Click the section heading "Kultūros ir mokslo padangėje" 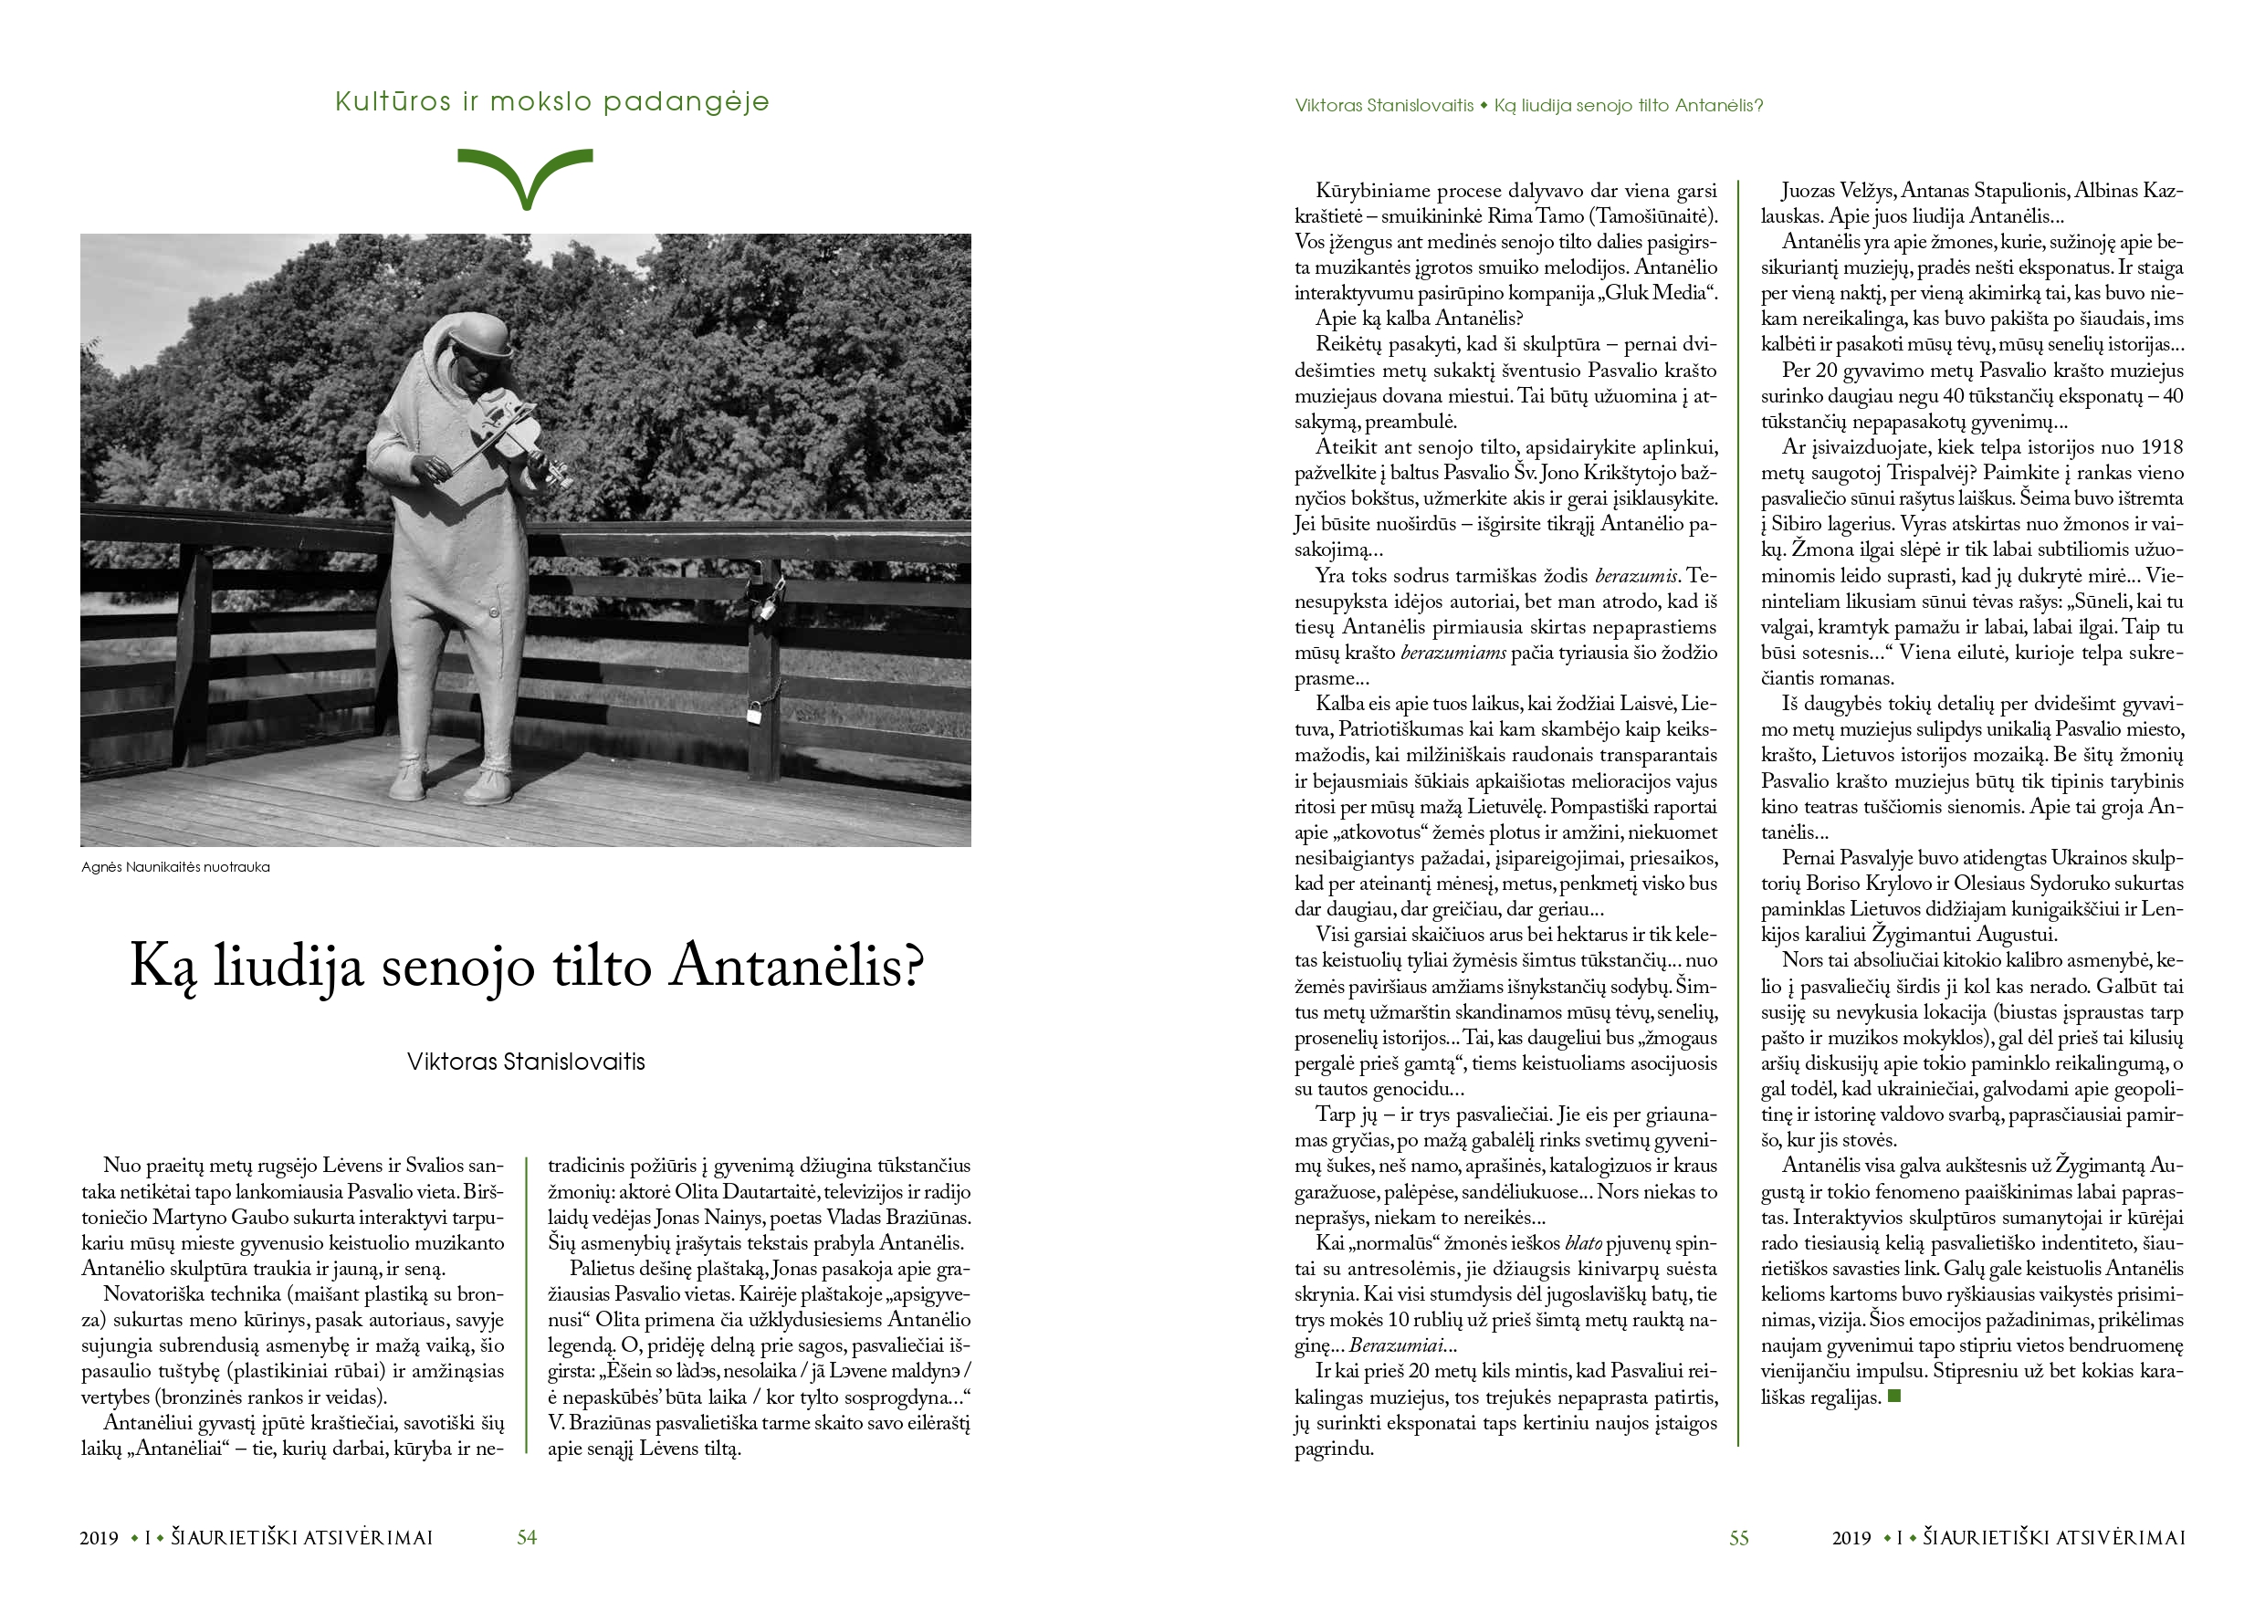[x=551, y=101]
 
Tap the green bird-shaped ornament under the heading [x=526, y=175]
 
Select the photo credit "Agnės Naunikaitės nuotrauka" [x=175, y=867]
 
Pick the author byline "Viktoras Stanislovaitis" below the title [x=526, y=1062]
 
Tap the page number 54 [x=527, y=1538]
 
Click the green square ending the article [x=1894, y=1396]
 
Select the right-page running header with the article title [x=1528, y=106]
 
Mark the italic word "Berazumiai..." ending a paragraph [x=1403, y=1345]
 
